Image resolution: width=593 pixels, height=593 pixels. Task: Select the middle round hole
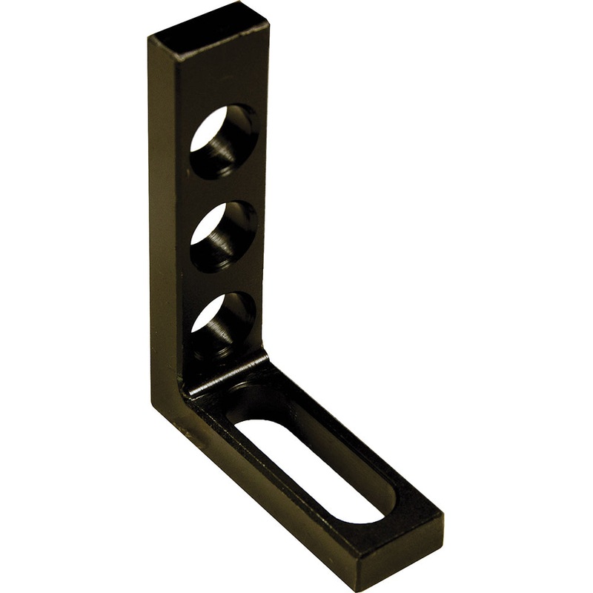tap(223, 236)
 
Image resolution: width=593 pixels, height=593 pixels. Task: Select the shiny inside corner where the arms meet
tap(226, 375)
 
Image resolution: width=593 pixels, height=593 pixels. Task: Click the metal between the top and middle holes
tap(222, 189)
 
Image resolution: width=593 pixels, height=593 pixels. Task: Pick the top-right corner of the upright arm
tap(268, 26)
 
